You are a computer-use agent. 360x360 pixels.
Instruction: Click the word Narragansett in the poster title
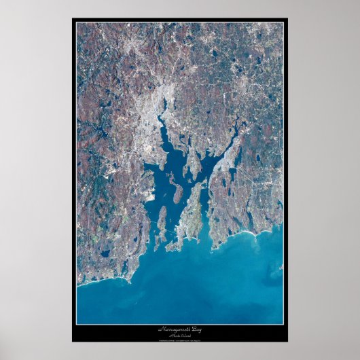point(175,329)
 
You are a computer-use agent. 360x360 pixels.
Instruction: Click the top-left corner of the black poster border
point(73,19)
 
